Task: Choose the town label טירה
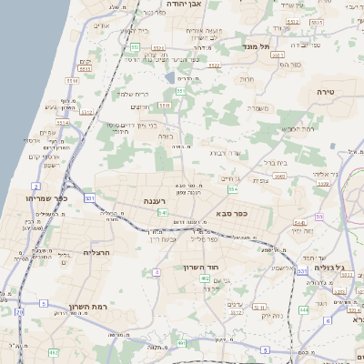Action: click(327, 93)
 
